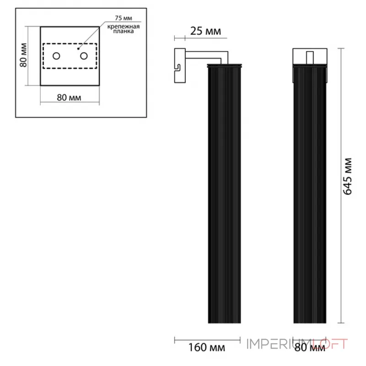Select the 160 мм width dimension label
(x=207, y=348)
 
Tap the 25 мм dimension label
(x=206, y=32)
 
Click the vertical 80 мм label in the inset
(x=23, y=55)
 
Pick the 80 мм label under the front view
(x=310, y=348)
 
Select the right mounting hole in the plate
(x=84, y=56)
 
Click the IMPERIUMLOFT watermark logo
(x=297, y=343)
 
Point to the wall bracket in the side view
(x=179, y=66)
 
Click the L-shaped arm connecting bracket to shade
(x=206, y=55)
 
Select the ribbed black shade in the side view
(x=224, y=192)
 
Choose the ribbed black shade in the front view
(x=310, y=192)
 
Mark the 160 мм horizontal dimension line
(x=207, y=340)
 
